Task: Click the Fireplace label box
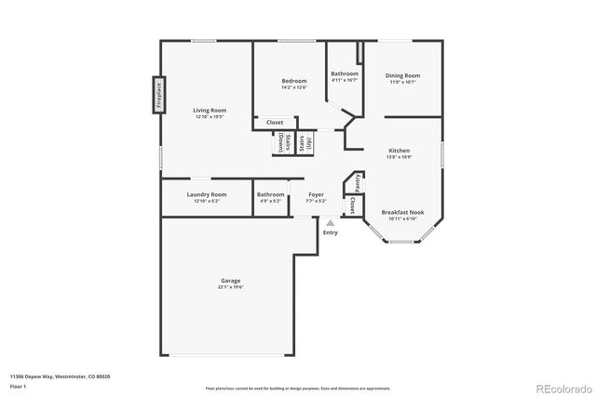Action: [158, 95]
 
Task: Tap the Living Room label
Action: [210, 110]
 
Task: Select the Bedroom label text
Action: [294, 81]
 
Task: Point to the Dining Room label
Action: [404, 75]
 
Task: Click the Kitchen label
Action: [399, 150]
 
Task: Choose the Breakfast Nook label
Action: [402, 212]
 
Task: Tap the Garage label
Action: [231, 280]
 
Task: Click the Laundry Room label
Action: [206, 194]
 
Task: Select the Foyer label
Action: [317, 194]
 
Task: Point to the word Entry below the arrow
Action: [331, 232]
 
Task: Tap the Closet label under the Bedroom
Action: [275, 122]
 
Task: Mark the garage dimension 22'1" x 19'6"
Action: [231, 286]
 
